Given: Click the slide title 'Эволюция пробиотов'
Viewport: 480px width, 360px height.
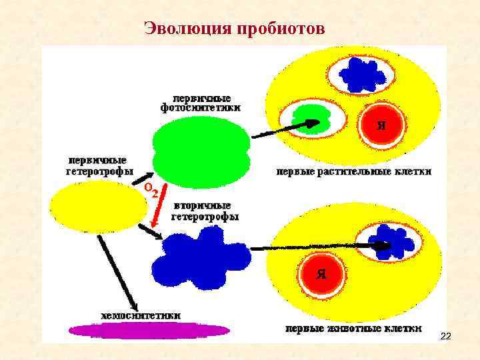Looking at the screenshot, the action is tap(234, 29).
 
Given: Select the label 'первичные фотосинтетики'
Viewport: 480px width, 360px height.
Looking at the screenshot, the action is tap(201, 102).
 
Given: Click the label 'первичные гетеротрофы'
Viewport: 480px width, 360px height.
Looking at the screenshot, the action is tap(99, 166).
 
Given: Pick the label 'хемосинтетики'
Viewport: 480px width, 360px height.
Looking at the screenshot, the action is tap(140, 315).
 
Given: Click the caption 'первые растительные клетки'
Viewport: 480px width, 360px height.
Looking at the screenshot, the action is tap(354, 171).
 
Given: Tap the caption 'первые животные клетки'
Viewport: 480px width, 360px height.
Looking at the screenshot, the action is tap(353, 328).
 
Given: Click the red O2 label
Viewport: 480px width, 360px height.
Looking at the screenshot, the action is tap(151, 191).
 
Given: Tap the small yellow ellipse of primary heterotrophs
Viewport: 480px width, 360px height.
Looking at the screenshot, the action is tap(97, 207).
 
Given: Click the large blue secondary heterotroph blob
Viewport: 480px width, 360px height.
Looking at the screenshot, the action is tap(201, 256).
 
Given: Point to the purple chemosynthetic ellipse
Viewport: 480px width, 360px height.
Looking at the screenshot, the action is tap(149, 330).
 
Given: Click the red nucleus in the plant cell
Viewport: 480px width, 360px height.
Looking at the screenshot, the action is tap(381, 125).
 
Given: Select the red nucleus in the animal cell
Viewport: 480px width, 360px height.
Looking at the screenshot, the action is tap(321, 273).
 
